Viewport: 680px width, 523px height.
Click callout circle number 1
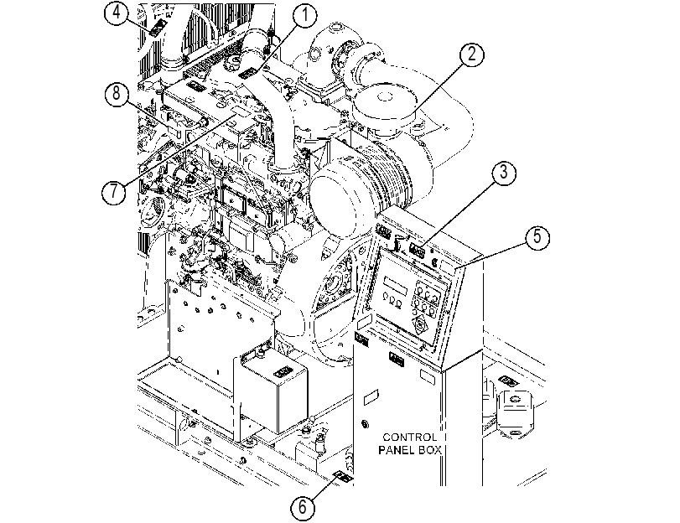[305, 15]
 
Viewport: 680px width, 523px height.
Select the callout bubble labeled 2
[471, 54]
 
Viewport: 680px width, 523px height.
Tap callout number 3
[503, 173]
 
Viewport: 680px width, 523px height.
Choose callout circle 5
[537, 237]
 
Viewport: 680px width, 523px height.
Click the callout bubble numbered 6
[303, 507]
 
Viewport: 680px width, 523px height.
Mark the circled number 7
[114, 191]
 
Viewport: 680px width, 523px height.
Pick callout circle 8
[117, 94]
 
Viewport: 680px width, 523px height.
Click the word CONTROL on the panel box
[409, 438]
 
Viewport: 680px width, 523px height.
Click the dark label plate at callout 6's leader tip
[343, 477]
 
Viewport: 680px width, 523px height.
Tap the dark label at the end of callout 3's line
[418, 250]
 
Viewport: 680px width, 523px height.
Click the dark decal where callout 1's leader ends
[247, 72]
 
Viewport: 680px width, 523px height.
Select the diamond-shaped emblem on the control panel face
[420, 325]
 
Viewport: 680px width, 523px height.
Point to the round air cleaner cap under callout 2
[383, 101]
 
